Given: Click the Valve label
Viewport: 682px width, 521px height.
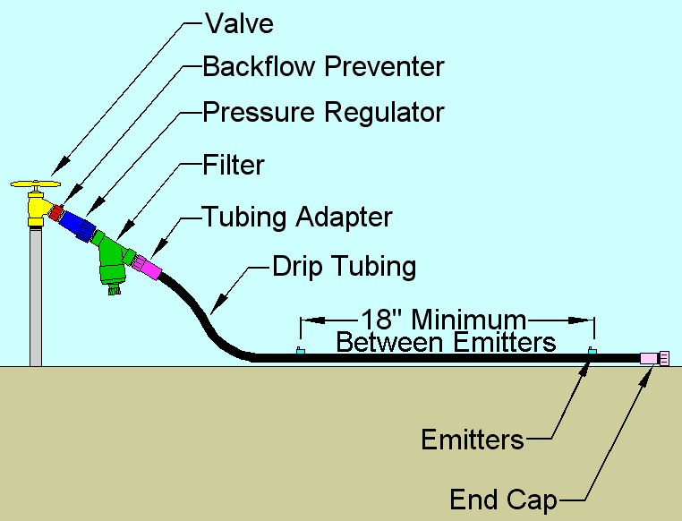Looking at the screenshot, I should [x=239, y=22].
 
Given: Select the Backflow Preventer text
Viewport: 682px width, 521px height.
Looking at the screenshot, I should [x=323, y=67].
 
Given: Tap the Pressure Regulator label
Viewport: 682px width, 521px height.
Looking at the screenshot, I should [x=323, y=113].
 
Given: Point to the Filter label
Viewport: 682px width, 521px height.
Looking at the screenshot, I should [x=234, y=165].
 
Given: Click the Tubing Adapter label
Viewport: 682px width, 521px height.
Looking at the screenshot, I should [x=297, y=217].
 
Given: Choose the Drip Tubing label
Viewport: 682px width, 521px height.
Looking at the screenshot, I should [x=345, y=266].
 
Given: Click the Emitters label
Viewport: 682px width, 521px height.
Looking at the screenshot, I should [x=473, y=440].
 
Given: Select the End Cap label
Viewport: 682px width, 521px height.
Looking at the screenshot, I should [x=504, y=499].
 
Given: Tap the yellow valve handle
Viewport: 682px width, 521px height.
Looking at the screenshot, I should [x=36, y=185].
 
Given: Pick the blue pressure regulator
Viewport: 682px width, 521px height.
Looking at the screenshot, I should [x=80, y=225].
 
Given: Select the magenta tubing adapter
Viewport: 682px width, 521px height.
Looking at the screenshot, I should [x=146, y=266].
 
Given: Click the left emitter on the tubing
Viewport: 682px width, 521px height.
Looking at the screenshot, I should [x=300, y=351].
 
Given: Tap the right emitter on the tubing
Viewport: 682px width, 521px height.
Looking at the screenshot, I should [x=591, y=351].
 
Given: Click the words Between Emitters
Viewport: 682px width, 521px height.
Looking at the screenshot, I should [x=445, y=341].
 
